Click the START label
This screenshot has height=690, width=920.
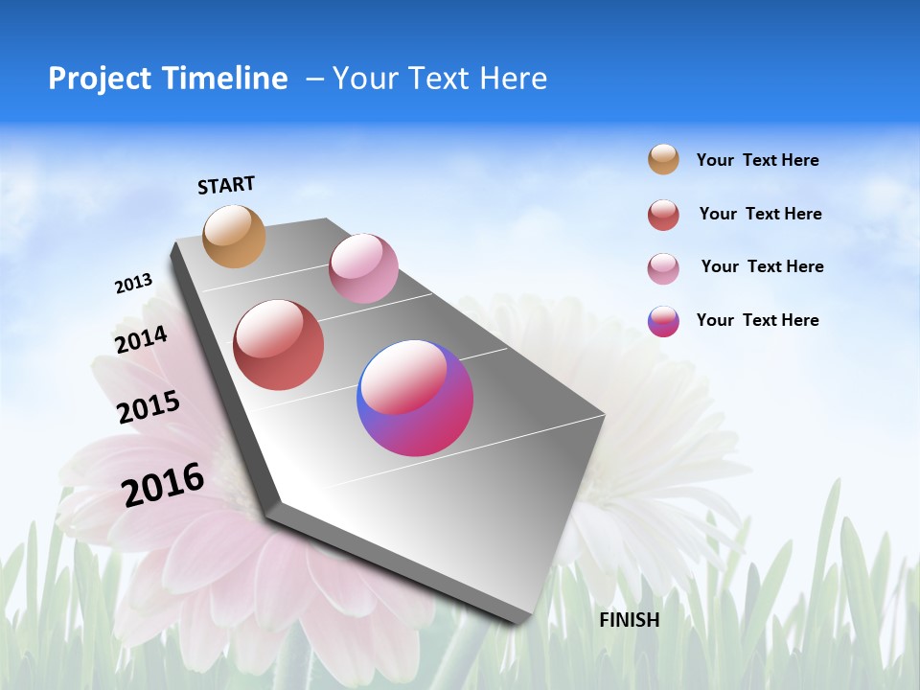tap(226, 185)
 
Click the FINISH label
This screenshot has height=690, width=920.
tap(629, 620)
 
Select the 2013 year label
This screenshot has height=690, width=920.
tap(133, 284)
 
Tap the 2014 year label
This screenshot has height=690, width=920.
tap(141, 339)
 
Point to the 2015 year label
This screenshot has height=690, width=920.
tap(148, 407)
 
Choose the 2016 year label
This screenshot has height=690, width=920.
tap(163, 485)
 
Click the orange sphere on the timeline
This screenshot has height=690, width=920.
tap(235, 236)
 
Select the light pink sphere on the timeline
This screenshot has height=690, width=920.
tap(363, 268)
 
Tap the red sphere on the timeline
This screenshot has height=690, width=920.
tap(279, 345)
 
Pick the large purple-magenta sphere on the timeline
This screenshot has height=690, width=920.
tap(415, 398)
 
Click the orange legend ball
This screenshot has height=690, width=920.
tap(663, 160)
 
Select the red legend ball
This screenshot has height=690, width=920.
tap(663, 215)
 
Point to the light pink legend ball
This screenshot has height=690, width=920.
tap(663, 267)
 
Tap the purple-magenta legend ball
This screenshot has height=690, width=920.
tap(663, 321)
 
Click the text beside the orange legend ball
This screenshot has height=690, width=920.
tap(757, 160)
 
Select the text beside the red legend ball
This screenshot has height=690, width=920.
tap(760, 214)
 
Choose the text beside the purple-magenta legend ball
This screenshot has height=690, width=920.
tap(757, 320)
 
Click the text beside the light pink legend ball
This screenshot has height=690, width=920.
tap(762, 266)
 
